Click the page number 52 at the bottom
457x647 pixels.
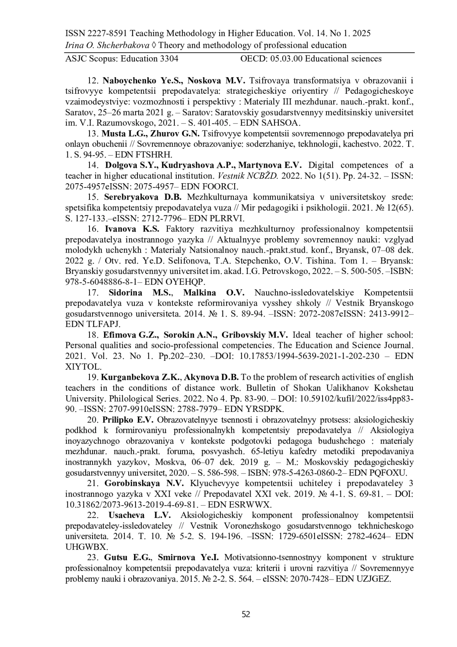pos(246,614)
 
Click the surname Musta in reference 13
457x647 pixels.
pos(114,134)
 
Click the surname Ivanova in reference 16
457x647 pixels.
pos(121,229)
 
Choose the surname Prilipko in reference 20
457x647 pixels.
pos(118,420)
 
